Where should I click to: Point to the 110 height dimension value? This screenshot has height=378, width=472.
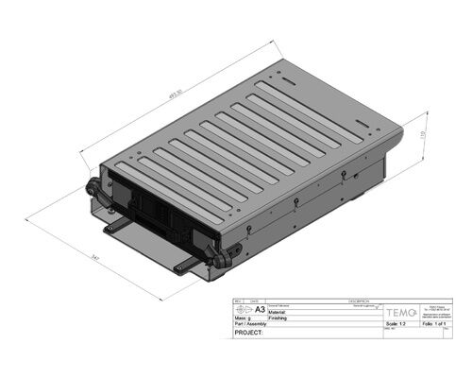(424, 137)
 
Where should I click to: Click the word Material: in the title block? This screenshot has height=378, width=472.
(281, 313)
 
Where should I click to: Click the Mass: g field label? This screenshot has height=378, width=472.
(242, 318)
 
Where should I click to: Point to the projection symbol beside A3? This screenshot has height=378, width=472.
(244, 309)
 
